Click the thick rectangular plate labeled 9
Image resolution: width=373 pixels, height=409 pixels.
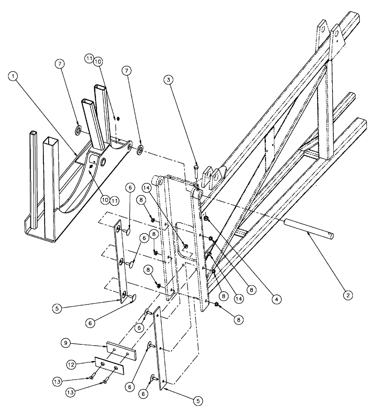121,349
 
